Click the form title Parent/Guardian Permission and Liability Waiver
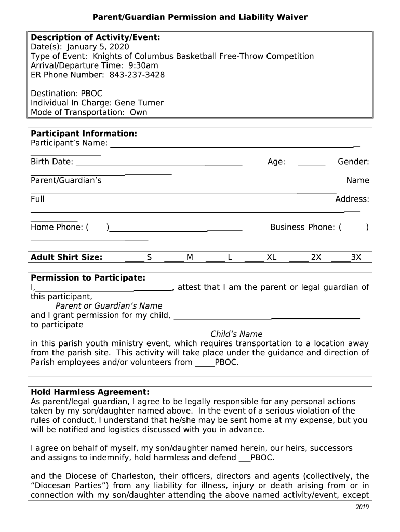click(200, 17)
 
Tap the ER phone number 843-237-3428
click(137, 75)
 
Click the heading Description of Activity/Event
click(96, 37)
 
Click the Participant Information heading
click(84, 134)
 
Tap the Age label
click(276, 162)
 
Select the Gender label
click(353, 162)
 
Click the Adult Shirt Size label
click(66, 257)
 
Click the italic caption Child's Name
click(236, 334)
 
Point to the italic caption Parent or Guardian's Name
click(109, 306)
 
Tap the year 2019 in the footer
click(362, 507)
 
